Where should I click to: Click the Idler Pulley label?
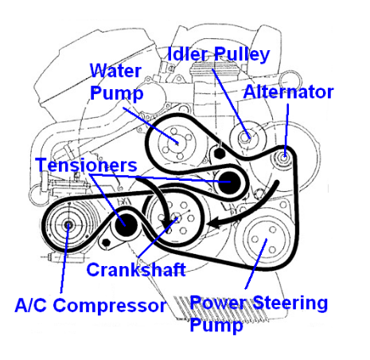(x=219, y=54)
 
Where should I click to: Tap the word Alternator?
(x=288, y=92)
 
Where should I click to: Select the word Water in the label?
(x=115, y=71)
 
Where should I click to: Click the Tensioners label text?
(x=86, y=165)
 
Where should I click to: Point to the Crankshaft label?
(x=136, y=270)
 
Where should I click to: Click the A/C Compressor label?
(x=91, y=305)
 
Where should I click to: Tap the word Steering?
(x=290, y=303)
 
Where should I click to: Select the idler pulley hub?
(x=244, y=138)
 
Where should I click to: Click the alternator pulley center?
(x=283, y=158)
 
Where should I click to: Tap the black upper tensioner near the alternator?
(x=228, y=182)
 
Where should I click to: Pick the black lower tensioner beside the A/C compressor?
(x=126, y=225)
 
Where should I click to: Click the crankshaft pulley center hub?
(x=176, y=218)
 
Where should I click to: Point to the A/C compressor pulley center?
(x=68, y=225)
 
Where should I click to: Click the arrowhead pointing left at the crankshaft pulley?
(x=214, y=224)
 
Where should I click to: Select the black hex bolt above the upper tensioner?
(x=220, y=153)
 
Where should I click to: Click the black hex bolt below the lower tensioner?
(x=106, y=242)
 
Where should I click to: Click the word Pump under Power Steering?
(x=216, y=325)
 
